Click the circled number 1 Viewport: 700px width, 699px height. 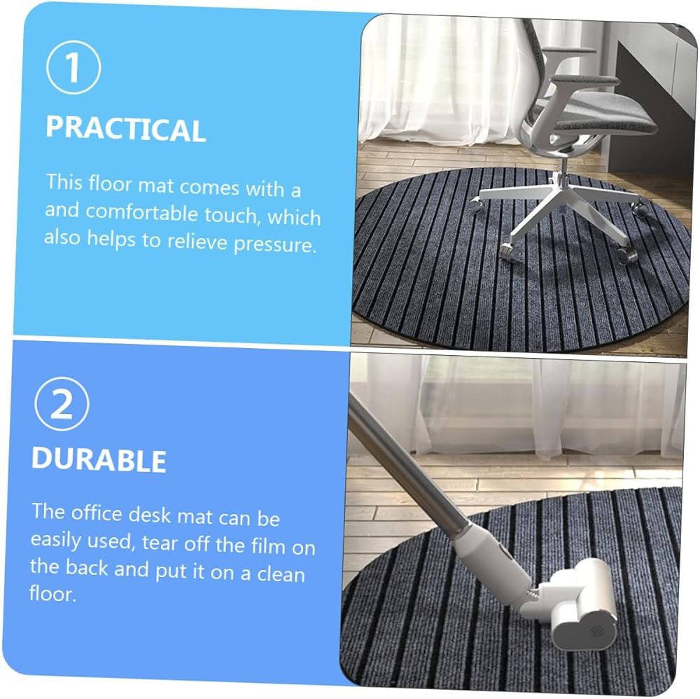73,67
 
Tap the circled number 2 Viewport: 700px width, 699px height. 62,403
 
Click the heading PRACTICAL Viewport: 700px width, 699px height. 125,129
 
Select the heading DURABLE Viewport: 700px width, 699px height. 99,459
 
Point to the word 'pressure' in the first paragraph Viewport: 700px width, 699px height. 275,244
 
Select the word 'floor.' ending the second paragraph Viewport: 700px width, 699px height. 52,593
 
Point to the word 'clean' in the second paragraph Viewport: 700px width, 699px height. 281,574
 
